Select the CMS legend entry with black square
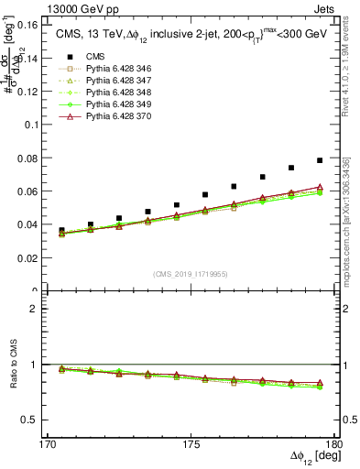pyautogui.click(x=93, y=56)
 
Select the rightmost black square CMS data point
pyautogui.click(x=320, y=160)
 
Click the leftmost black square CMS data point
pyautogui.click(x=62, y=231)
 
